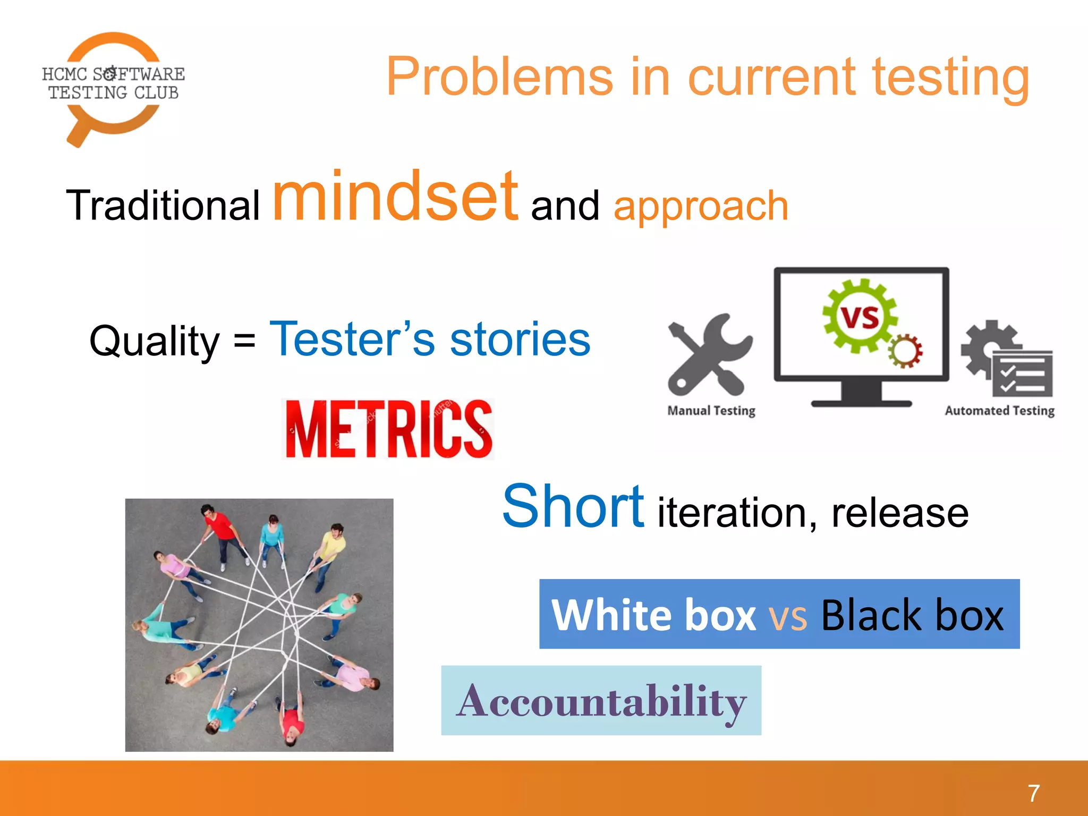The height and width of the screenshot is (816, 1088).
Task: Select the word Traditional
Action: click(163, 206)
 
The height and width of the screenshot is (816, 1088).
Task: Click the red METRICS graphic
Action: click(388, 429)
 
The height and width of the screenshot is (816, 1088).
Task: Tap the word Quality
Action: click(154, 341)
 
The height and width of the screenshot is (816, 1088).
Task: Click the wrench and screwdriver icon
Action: click(710, 355)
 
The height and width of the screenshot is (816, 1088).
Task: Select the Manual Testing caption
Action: click(711, 411)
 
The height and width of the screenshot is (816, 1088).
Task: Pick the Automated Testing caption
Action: click(999, 411)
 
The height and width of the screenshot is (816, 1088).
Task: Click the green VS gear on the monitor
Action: click(859, 317)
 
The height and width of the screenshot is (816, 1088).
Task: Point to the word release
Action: click(900, 513)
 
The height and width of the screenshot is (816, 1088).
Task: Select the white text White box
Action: click(653, 615)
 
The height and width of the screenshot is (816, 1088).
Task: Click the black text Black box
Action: click(912, 615)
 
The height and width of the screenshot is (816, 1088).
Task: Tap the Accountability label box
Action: click(601, 701)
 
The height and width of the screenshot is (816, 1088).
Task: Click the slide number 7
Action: click(1033, 793)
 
